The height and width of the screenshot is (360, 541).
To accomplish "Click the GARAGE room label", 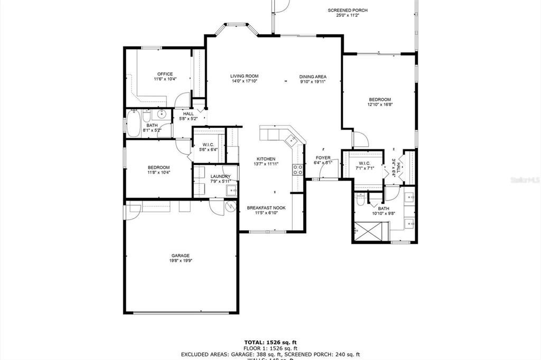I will (180, 255).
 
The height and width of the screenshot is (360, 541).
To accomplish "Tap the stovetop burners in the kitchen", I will (298, 169).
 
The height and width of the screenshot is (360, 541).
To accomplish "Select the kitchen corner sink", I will (290, 140).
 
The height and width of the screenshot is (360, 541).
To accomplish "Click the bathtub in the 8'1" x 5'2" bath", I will (133, 124).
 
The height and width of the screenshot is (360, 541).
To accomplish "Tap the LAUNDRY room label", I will (220, 176).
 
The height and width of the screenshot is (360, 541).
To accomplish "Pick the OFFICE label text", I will (165, 74).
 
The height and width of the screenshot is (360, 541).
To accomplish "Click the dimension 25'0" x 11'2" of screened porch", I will (348, 15).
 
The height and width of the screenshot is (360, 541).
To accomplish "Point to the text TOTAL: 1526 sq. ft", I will (270, 342).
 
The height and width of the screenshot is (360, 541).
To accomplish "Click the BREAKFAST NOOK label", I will (266, 208).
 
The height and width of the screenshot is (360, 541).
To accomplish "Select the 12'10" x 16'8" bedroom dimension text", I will (379, 105).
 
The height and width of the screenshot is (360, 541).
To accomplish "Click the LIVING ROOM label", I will (244, 76).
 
